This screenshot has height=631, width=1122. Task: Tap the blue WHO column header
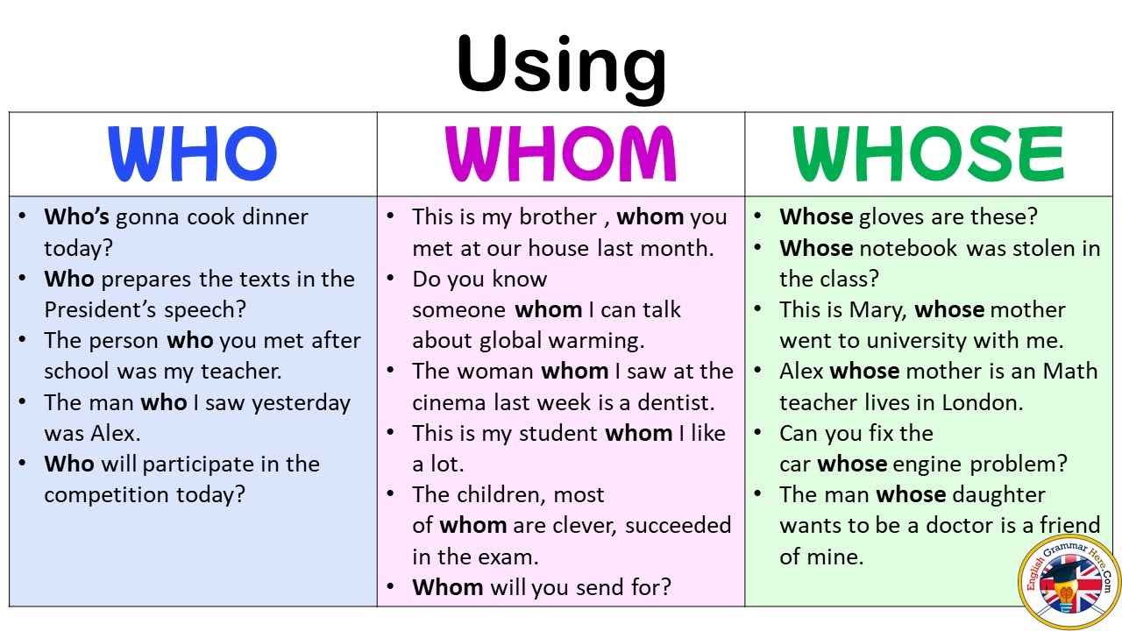pos(193,154)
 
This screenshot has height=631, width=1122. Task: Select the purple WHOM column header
pos(561,154)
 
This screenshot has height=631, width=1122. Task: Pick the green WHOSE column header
pos(928,154)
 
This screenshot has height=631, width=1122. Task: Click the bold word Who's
pos(77,216)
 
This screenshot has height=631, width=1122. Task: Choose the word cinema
pos(451,402)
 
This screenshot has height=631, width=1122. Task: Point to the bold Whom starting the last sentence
pos(447,586)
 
